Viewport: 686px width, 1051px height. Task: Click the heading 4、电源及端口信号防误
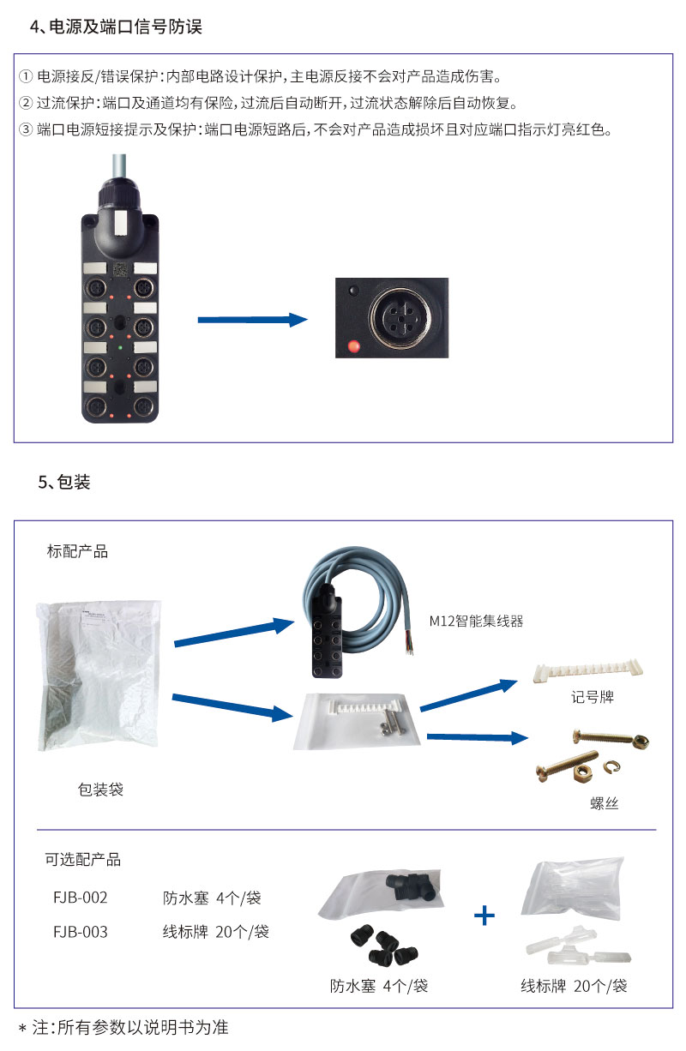(x=116, y=27)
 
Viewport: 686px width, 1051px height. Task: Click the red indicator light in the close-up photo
(x=352, y=347)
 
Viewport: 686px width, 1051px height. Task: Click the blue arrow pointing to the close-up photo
(x=252, y=320)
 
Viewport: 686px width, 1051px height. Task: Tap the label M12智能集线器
(x=476, y=621)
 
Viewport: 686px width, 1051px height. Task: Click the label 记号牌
(x=593, y=697)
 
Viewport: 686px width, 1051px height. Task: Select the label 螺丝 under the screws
(x=604, y=803)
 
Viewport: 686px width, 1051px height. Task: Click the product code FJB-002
(x=81, y=898)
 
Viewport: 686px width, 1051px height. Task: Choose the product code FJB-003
(x=81, y=931)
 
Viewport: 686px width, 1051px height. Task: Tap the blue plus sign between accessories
(x=484, y=916)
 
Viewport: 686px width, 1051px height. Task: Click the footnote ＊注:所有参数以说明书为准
(x=123, y=1027)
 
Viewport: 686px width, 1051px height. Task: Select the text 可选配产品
(x=83, y=859)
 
